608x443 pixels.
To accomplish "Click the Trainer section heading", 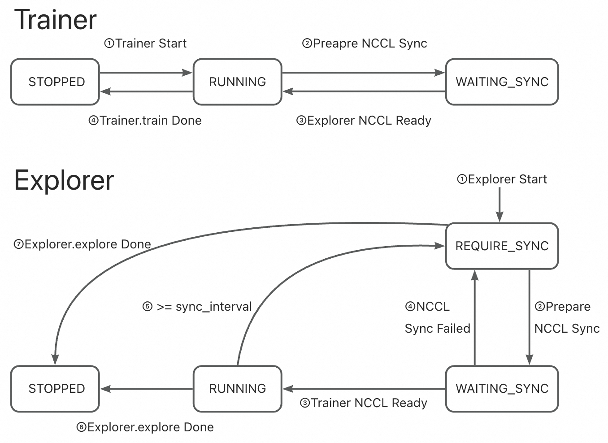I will tap(56, 20).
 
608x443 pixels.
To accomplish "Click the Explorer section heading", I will tap(64, 180).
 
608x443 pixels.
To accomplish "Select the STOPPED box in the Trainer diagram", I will tap(55, 82).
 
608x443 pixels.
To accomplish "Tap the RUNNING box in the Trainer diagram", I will tap(237, 82).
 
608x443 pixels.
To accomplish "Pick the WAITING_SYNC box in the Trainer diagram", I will tap(502, 82).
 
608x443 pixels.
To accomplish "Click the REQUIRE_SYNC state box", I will tap(502, 246).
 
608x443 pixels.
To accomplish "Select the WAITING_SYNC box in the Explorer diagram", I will tap(502, 389).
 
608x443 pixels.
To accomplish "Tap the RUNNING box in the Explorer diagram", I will tap(237, 389).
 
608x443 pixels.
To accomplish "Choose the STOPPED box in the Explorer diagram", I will tap(55, 389).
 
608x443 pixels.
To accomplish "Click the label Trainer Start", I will tap(146, 43).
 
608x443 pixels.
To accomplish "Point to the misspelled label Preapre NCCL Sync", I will tap(365, 43).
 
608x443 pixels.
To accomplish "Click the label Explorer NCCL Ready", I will tap(364, 121).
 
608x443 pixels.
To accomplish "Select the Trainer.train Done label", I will tap(145, 121).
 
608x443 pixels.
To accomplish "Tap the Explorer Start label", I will tap(502, 179).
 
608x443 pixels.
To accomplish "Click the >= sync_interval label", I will tap(197, 307).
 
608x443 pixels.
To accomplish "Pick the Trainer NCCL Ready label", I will tap(364, 403).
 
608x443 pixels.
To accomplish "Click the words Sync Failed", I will tap(437, 329).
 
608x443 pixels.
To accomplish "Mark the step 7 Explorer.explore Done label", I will tap(83, 244).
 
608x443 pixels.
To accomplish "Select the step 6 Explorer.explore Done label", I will tap(145, 427).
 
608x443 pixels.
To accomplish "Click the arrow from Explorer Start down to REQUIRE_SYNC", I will tap(499, 204).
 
